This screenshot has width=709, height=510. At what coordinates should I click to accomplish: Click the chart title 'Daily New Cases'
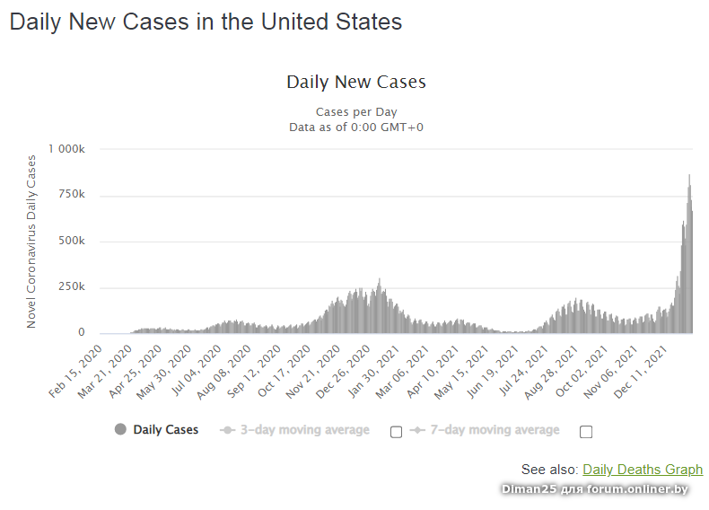355,82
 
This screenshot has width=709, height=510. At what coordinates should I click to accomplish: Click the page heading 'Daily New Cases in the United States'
206,22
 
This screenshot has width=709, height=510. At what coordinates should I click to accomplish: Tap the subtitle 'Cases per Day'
355,112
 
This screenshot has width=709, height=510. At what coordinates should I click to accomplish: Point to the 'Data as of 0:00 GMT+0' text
355,127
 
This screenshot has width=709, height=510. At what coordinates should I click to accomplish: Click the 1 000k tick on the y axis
66,149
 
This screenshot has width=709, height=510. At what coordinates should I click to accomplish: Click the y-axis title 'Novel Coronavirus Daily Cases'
31,241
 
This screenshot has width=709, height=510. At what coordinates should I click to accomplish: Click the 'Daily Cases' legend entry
157,430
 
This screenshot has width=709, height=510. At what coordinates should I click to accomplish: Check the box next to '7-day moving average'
586,432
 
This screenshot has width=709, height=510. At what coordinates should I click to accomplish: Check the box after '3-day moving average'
396,432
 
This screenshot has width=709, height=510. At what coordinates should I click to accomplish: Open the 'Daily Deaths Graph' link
643,470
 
